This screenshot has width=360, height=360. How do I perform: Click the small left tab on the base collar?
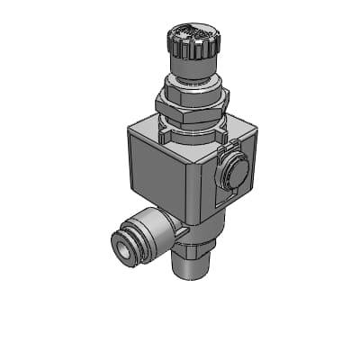[x=165, y=135]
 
